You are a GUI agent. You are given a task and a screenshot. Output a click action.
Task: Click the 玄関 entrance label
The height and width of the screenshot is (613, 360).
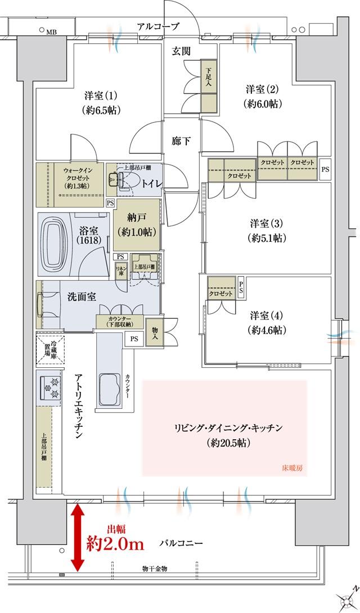click(x=181, y=51)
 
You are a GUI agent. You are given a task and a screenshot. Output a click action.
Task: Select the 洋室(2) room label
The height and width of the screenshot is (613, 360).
click(x=263, y=96)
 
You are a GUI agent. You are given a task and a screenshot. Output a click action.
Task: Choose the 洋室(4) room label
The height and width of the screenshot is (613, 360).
click(x=267, y=321)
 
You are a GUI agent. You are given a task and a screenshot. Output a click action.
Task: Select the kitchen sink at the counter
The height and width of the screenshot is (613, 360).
click(x=111, y=388)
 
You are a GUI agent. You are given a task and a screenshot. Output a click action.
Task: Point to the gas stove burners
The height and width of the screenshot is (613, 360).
click(x=49, y=387)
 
